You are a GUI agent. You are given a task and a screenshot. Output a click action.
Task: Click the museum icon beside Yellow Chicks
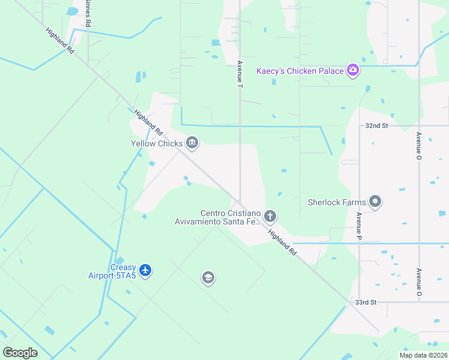point(192,142)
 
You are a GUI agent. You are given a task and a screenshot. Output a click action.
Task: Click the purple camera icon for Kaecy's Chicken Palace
point(352,71)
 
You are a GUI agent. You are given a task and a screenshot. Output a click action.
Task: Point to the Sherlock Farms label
point(337,202)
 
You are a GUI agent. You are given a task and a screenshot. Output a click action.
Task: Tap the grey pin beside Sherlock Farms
point(375,202)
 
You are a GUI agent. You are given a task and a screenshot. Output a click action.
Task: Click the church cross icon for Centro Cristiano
point(270,215)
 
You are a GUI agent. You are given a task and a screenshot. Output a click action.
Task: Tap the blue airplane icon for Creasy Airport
point(145,271)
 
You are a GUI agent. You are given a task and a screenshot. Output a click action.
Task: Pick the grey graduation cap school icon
point(208,277)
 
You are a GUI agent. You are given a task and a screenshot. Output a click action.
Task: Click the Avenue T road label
point(240,74)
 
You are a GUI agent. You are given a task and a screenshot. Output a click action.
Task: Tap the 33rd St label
point(365,302)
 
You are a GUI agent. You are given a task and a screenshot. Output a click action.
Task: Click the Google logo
point(20,353)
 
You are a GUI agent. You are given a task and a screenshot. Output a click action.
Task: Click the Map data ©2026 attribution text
point(423,355)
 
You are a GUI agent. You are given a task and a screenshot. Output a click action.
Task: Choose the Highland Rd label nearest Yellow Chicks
point(148,122)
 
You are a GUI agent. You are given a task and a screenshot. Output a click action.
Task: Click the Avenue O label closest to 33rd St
point(418,283)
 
